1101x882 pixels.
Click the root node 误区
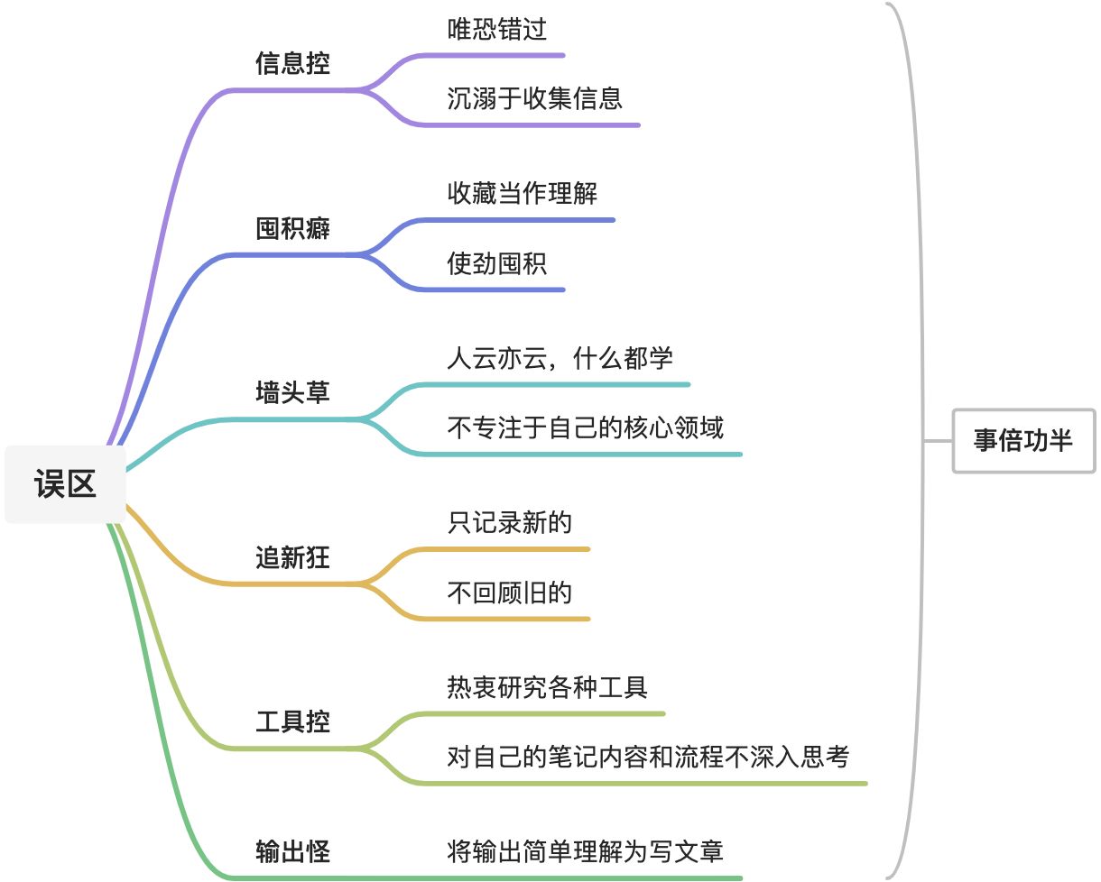pyautogui.click(x=65, y=484)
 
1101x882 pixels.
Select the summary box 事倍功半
pyautogui.click(x=1023, y=440)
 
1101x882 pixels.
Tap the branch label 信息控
pyautogui.click(x=292, y=64)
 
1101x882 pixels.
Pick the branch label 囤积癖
pyautogui.click(x=292, y=229)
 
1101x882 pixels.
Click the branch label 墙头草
pyautogui.click(x=292, y=393)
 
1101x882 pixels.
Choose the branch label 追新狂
pyautogui.click(x=292, y=558)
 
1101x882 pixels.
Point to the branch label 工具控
pyautogui.click(x=292, y=722)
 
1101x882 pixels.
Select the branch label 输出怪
pyautogui.click(x=292, y=851)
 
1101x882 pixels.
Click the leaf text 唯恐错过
pyautogui.click(x=496, y=30)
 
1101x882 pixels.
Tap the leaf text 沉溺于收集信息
pyautogui.click(x=534, y=98)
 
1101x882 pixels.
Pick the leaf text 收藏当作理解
pyautogui.click(x=522, y=193)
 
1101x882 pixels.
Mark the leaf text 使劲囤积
pyautogui.click(x=496, y=263)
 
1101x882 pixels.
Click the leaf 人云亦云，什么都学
pyautogui.click(x=560, y=358)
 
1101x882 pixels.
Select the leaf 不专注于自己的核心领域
pyautogui.click(x=585, y=427)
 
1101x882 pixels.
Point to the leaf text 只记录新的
pyautogui.click(x=509, y=522)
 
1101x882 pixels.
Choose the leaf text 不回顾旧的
pyautogui.click(x=509, y=593)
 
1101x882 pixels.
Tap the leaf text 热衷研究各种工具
pyautogui.click(x=547, y=687)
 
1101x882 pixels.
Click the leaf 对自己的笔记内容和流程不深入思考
pyautogui.click(x=648, y=757)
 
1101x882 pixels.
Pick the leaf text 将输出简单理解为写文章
pyautogui.click(x=585, y=851)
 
